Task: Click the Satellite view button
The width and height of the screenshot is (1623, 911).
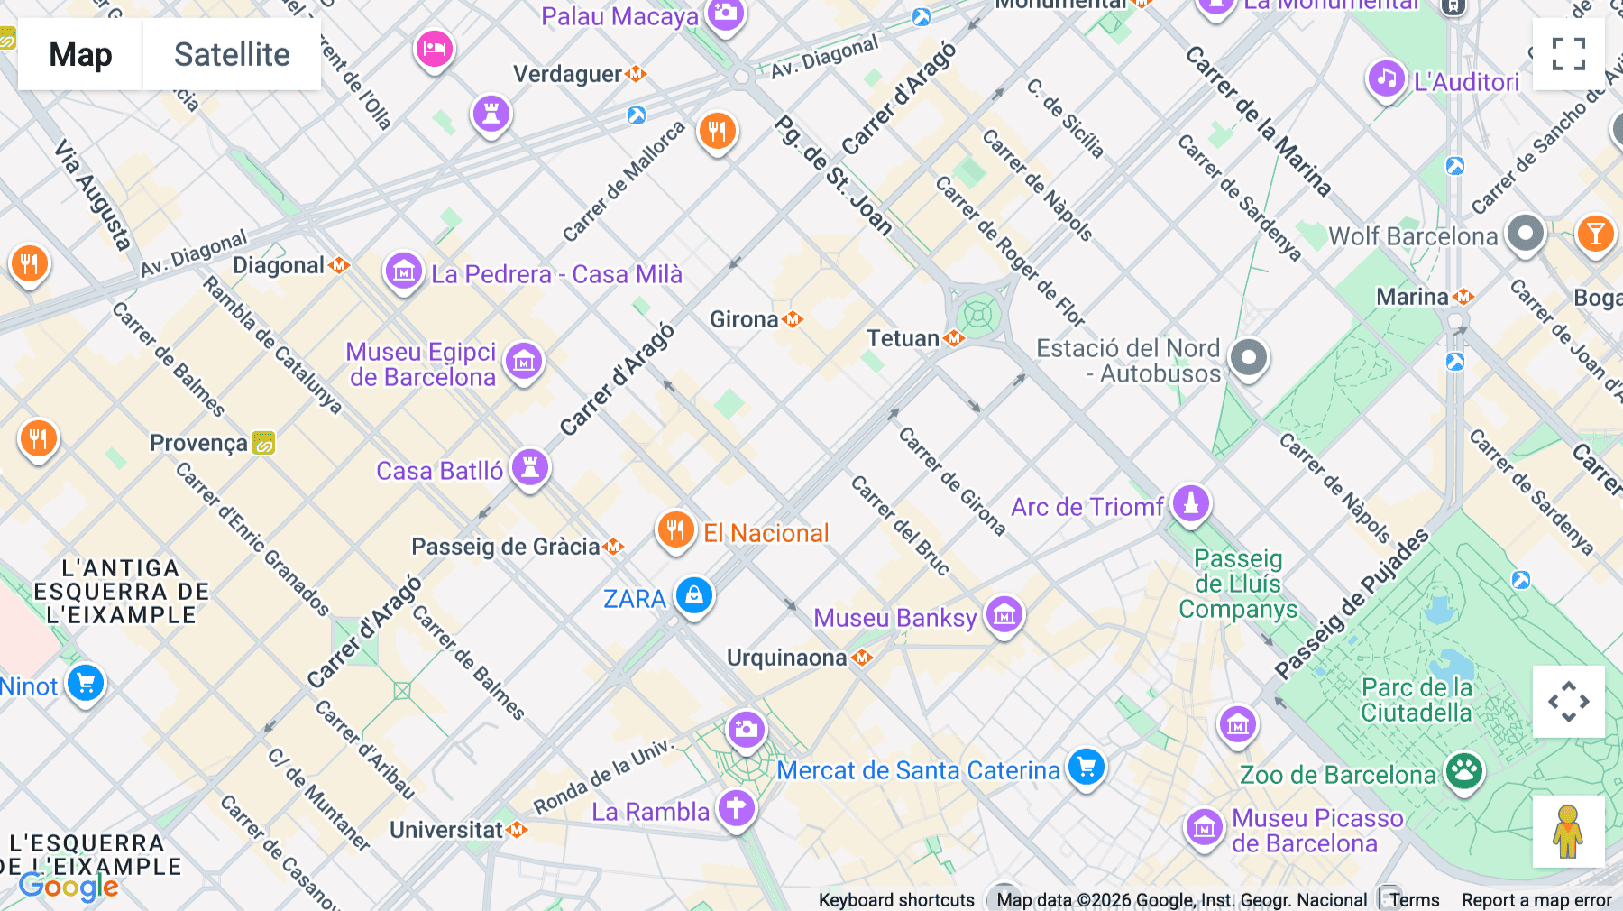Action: click(232, 54)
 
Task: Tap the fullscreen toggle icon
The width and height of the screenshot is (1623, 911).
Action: click(1568, 54)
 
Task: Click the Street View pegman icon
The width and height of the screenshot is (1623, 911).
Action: click(1568, 831)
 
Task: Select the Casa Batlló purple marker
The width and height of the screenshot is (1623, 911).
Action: click(530, 467)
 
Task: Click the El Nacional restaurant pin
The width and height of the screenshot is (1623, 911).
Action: click(675, 529)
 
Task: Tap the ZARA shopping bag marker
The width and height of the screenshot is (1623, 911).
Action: click(693, 595)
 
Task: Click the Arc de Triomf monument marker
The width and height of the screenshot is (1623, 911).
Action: click(1190, 503)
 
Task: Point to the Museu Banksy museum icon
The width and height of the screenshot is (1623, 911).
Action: click(1004, 615)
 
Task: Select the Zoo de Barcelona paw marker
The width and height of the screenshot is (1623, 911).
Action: click(1464, 771)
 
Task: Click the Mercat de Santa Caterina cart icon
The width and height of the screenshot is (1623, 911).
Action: click(1087, 767)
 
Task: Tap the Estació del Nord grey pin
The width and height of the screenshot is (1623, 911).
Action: click(1249, 358)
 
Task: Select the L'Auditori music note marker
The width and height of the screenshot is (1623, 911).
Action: click(1387, 78)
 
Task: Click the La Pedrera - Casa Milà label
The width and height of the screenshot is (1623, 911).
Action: click(556, 274)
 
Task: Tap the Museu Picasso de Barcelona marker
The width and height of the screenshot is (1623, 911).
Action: click(1205, 827)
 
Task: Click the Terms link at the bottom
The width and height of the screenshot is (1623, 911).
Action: click(1414, 899)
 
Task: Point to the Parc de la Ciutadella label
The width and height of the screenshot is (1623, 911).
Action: click(1416, 700)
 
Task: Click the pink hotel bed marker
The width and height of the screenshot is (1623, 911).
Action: click(434, 48)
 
